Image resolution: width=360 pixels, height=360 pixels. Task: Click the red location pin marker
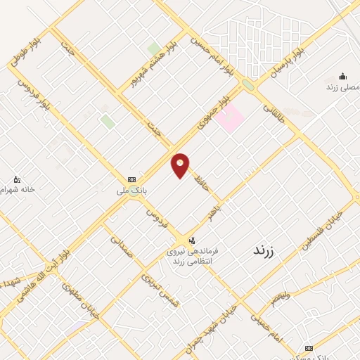[180, 165]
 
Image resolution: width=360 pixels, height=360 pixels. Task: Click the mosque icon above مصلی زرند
[342, 77]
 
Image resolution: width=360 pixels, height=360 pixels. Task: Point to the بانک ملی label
[131, 191]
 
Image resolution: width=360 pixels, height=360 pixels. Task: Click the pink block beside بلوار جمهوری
[229, 117]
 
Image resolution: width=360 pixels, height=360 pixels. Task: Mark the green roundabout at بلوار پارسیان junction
[247, 86]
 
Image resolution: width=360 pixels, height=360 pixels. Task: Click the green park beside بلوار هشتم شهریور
[153, 49]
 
